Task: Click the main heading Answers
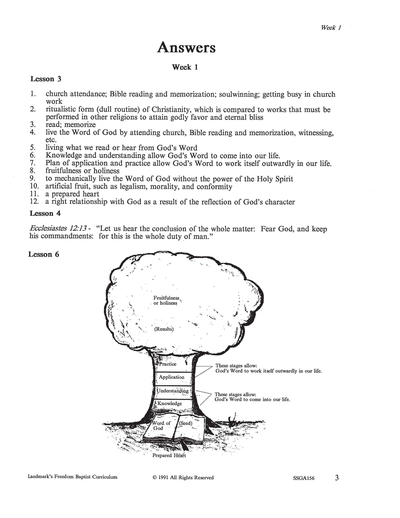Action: (x=186, y=48)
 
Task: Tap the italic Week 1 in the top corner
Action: (x=331, y=27)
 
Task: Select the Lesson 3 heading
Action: (x=46, y=79)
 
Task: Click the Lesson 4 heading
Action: (x=45, y=213)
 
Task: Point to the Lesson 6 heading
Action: (x=44, y=254)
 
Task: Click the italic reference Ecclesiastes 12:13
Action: (x=57, y=229)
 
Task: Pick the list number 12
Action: (x=34, y=201)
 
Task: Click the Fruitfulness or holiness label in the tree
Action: (x=166, y=300)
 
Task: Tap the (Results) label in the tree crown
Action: (x=164, y=329)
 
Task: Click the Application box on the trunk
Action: (x=172, y=377)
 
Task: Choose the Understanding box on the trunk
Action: (x=173, y=391)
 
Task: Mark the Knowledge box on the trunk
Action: (x=170, y=403)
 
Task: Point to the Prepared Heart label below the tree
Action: (x=169, y=455)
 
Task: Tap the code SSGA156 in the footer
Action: (x=304, y=478)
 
